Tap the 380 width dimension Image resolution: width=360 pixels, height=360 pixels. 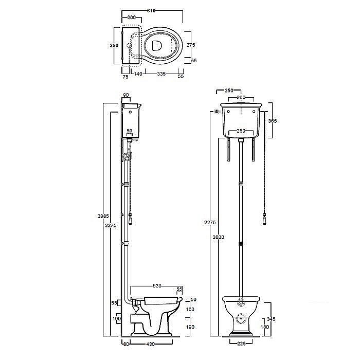(114, 46)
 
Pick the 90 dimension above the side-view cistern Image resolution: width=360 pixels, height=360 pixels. (127, 95)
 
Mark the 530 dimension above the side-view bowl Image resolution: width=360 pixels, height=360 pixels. (157, 285)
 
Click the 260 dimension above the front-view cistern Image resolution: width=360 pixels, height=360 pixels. (241, 97)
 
